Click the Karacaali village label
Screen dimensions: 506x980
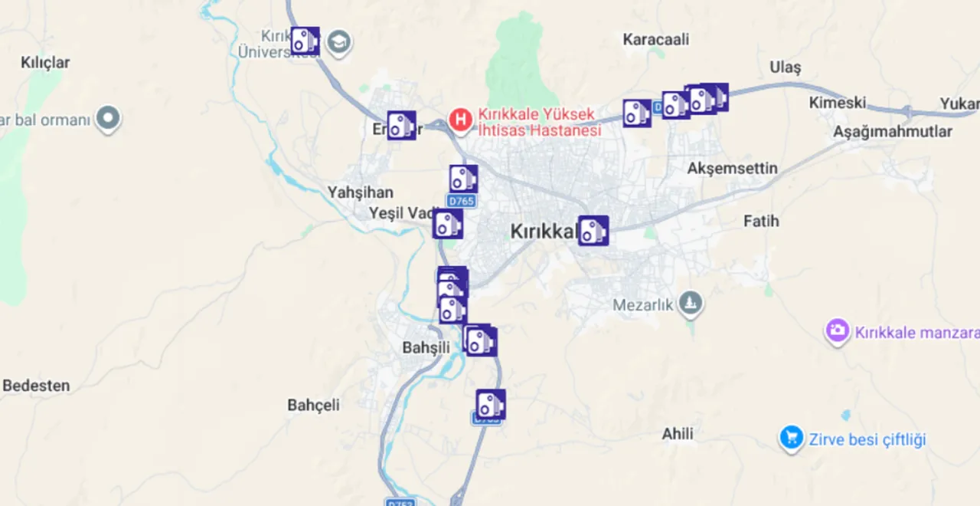tap(655, 39)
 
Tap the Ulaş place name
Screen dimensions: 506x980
tap(785, 67)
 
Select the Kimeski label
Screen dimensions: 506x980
tap(838, 103)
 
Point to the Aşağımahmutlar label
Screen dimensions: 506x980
tap(893, 132)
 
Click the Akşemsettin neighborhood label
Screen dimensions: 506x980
tap(732, 169)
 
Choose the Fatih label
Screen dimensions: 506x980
tap(761, 222)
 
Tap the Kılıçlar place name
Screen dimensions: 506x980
tap(46, 63)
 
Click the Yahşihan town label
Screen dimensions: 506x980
tap(360, 192)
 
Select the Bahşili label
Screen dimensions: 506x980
tap(426, 348)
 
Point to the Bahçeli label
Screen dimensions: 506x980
tap(313, 405)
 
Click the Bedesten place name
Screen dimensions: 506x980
tap(36, 386)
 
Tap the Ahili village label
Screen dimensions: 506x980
tap(678, 435)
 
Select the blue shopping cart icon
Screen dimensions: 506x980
tap(791, 439)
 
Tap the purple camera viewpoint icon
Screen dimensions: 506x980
tap(838, 332)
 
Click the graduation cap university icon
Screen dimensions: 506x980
tap(338, 43)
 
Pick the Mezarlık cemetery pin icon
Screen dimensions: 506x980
tap(691, 304)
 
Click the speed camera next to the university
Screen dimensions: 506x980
tap(305, 41)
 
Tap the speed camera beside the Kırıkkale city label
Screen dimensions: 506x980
tap(593, 231)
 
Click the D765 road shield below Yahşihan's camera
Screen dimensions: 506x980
tap(461, 202)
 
